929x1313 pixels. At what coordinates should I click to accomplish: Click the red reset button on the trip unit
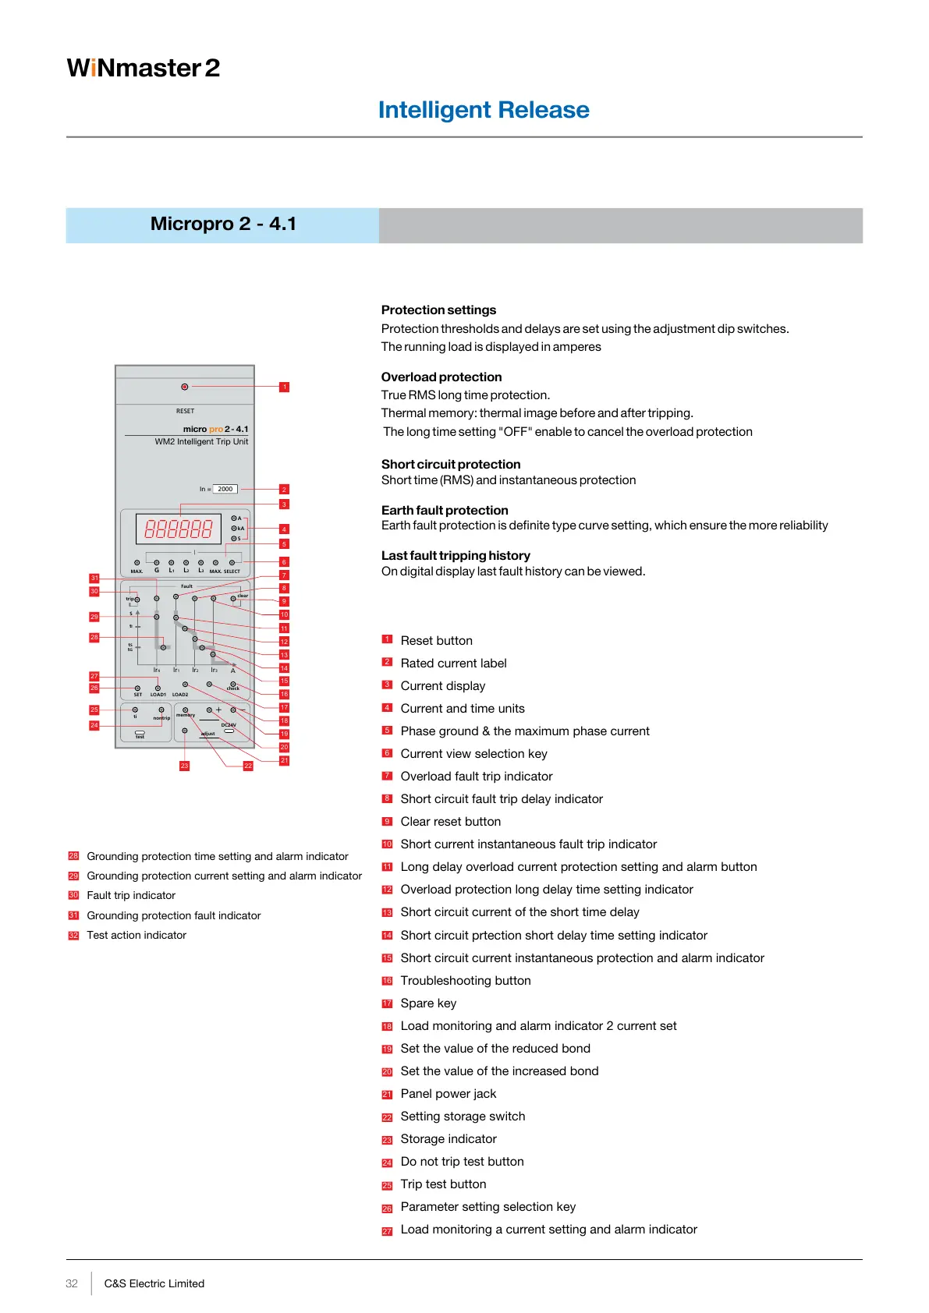click(x=185, y=387)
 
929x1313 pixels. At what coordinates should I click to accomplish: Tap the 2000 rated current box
click(x=225, y=489)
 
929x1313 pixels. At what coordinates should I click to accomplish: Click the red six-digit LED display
click(x=179, y=529)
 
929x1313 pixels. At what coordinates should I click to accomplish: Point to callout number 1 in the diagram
click(x=285, y=387)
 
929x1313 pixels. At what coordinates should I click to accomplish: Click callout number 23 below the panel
click(x=184, y=766)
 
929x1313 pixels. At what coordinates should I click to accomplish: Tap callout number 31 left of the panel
click(x=94, y=578)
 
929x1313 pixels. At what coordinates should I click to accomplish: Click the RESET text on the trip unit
click(x=185, y=411)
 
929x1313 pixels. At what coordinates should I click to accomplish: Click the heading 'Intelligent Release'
click(x=484, y=110)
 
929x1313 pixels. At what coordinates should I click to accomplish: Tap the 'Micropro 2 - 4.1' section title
click(x=223, y=225)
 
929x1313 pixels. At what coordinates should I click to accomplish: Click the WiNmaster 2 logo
click(x=144, y=69)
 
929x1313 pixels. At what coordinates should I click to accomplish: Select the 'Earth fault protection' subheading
click(x=445, y=510)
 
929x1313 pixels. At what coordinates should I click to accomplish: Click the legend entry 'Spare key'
click(x=428, y=1003)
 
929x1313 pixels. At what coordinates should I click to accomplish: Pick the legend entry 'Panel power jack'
click(x=449, y=1094)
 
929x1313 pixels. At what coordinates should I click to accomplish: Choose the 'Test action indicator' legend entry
click(x=137, y=935)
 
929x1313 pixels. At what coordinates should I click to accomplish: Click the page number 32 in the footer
click(x=72, y=1283)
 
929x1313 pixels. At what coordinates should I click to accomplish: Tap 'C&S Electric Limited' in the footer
click(x=154, y=1283)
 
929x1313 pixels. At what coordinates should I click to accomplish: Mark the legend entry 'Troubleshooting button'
click(x=466, y=981)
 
